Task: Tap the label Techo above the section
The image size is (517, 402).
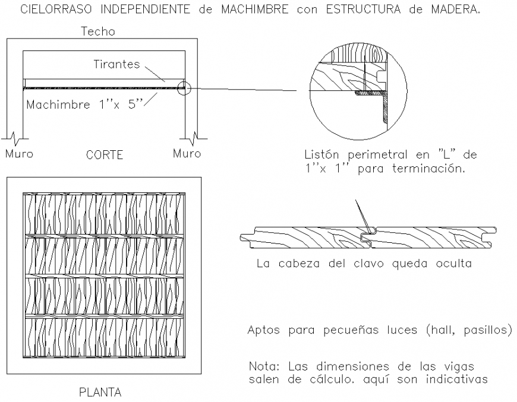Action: [98, 31]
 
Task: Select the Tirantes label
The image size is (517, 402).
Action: [116, 64]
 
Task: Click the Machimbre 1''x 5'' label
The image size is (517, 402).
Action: [84, 105]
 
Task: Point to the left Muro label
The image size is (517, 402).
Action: [19, 154]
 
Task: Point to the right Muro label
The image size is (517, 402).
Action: [187, 154]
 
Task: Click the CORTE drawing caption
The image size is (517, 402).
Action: [104, 155]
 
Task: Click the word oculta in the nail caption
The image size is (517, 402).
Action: [451, 263]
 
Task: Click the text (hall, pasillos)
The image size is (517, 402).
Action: [468, 330]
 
